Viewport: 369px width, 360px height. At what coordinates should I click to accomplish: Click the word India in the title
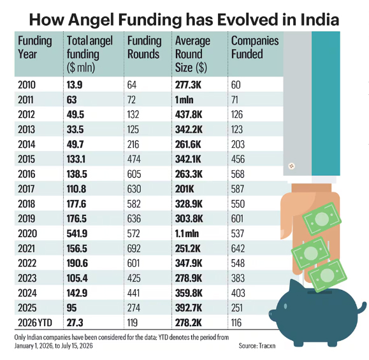coord(319,20)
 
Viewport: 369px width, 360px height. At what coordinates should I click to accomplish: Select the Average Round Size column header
coord(192,54)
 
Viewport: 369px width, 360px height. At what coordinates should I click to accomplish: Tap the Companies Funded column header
coord(255,47)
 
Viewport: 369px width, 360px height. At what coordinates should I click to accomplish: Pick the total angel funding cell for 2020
coord(77,233)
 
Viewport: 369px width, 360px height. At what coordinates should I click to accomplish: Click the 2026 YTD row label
coord(35,322)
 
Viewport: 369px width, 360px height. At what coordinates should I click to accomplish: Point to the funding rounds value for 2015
coord(134,159)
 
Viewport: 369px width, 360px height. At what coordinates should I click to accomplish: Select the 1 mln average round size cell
coord(184,100)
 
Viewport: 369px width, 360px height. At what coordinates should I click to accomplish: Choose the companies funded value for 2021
coord(238,248)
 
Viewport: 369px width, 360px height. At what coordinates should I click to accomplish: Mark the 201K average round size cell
coord(185,189)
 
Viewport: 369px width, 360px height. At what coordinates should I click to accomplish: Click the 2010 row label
coord(27,85)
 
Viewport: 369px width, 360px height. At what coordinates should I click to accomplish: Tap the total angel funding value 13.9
coord(75,85)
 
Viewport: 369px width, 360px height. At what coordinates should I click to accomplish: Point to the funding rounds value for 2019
coord(134,219)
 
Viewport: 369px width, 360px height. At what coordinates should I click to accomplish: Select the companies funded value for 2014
coord(238,144)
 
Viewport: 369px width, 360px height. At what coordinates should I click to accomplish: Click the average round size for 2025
coord(189,308)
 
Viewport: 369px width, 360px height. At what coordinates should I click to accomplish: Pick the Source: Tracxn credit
coord(257,345)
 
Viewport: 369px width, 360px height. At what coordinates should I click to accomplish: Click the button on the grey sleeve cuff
coord(292,166)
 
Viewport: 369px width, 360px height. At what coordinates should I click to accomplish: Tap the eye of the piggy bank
coord(286,306)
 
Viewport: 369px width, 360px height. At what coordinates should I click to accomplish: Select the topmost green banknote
coord(322,219)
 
